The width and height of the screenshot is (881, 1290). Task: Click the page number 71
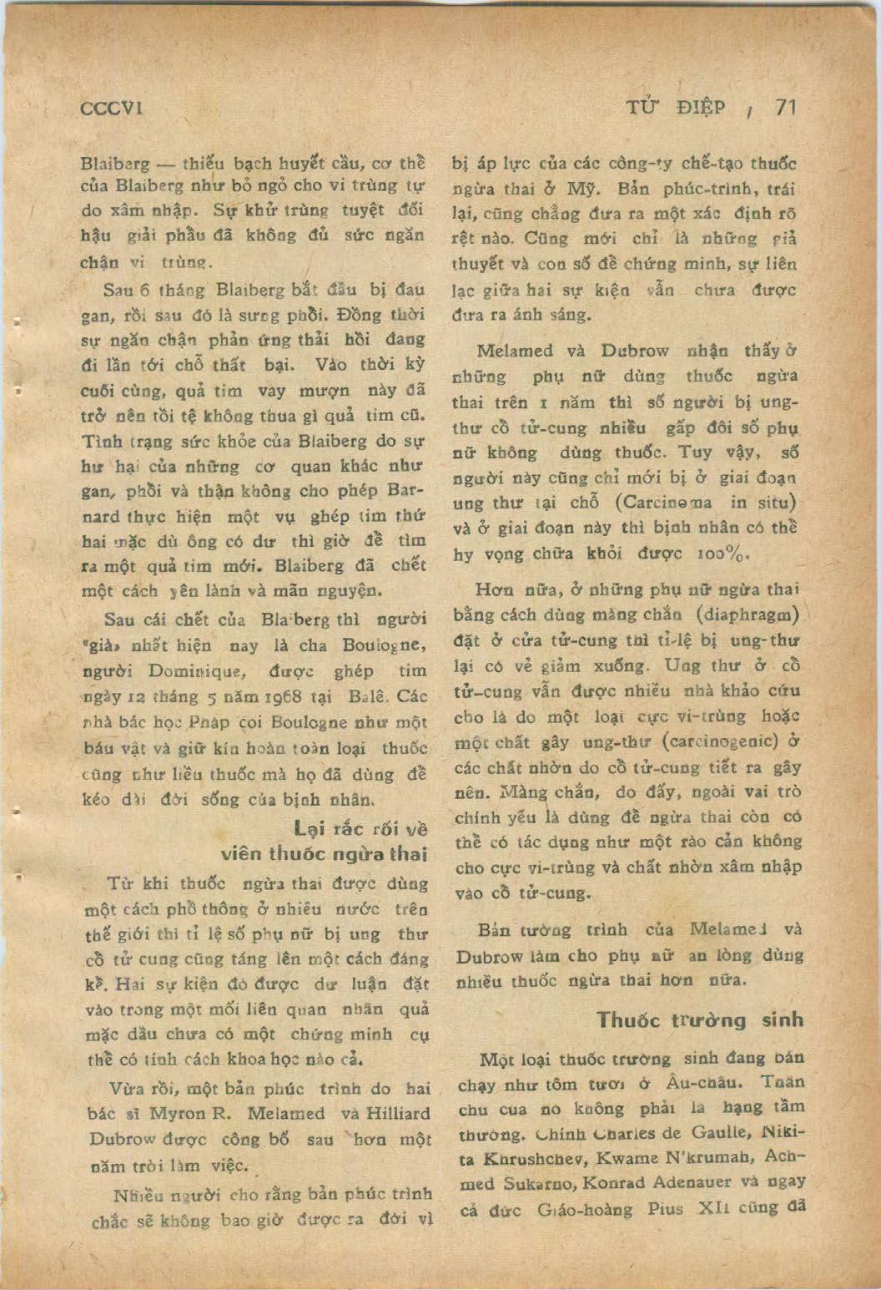[786, 108]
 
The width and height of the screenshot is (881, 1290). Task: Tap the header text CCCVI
[114, 109]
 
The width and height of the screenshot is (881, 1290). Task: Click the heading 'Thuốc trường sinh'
[700, 1019]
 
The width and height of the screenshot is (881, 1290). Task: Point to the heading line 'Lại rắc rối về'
[360, 829]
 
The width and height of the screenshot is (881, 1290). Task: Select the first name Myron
[177, 1114]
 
